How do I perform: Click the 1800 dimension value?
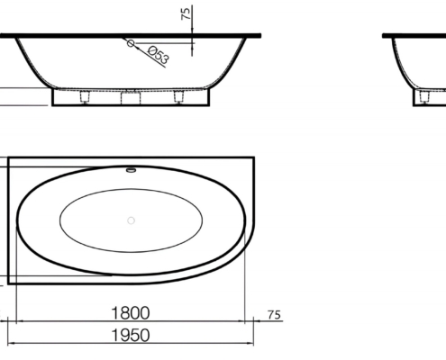[131, 313]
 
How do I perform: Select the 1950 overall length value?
[131, 335]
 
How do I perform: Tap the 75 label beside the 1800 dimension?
[274, 315]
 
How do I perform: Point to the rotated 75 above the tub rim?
[187, 13]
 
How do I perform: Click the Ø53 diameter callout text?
[159, 55]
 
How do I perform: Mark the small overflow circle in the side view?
[130, 43]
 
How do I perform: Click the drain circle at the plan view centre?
[131, 220]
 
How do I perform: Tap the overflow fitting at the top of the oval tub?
[131, 170]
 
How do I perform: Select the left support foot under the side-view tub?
[85, 97]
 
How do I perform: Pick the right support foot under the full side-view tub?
[178, 97]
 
